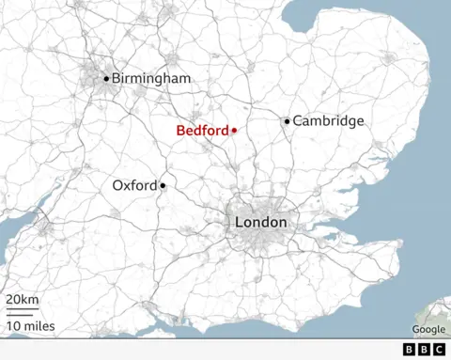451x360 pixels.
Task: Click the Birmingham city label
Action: click(150, 78)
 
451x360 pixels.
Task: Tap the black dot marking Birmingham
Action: click(106, 78)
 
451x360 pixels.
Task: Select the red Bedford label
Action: click(202, 131)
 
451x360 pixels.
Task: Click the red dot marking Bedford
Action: click(234, 131)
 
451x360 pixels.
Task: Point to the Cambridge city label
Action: click(328, 121)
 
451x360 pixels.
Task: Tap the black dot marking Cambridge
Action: click(288, 120)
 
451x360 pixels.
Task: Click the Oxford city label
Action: click(134, 186)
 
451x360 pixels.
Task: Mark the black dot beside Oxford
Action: click(163, 186)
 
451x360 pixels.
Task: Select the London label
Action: click(260, 222)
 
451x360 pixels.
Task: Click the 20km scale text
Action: click(23, 300)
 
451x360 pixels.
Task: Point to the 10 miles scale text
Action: click(30, 326)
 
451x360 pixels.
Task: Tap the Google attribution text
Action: click(428, 329)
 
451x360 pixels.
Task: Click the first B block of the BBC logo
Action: click(410, 349)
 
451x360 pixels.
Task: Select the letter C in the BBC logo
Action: click(439, 349)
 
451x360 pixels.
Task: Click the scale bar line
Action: click(23, 311)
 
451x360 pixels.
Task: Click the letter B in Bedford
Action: click(180, 131)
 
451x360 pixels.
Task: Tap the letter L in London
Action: click(239, 222)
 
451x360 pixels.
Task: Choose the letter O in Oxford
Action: click(117, 186)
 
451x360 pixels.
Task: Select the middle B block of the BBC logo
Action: click(424, 349)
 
